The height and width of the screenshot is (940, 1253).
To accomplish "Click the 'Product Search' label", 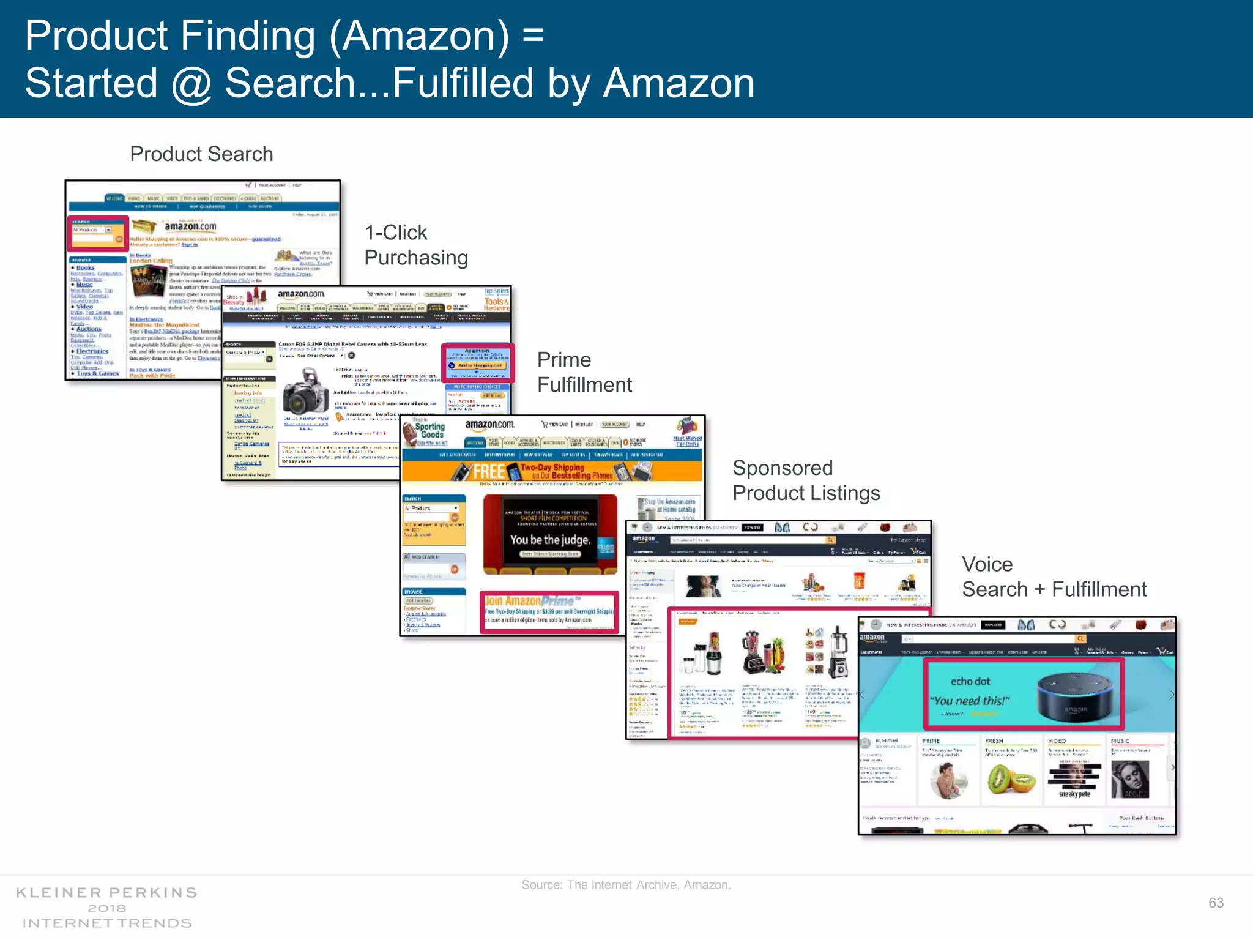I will tap(201, 154).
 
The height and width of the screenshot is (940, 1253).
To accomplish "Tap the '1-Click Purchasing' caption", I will tap(416, 245).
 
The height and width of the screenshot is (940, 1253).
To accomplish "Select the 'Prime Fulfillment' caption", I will tap(584, 372).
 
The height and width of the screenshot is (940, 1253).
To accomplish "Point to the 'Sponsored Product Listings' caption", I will tap(806, 480).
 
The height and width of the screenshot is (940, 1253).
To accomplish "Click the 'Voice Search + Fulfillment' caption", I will tap(1054, 576).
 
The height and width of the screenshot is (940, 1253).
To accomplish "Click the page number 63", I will tap(1216, 903).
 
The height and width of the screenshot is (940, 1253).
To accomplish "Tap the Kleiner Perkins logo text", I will tap(106, 908).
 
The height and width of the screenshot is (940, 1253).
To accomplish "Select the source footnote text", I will tap(626, 885).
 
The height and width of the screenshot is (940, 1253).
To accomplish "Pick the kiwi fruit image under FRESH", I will tap(1011, 779).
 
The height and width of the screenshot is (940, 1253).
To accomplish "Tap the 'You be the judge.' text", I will tap(550, 540).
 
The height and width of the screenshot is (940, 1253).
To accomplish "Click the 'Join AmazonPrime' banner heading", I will tap(532, 601).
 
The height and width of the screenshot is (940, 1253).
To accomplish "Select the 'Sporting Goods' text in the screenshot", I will tap(430, 430).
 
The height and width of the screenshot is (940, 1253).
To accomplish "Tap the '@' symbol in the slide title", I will tap(191, 84).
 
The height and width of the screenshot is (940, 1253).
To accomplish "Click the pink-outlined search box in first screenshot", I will tap(98, 234).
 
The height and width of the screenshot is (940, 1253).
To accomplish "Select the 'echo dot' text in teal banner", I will tap(970, 681).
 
